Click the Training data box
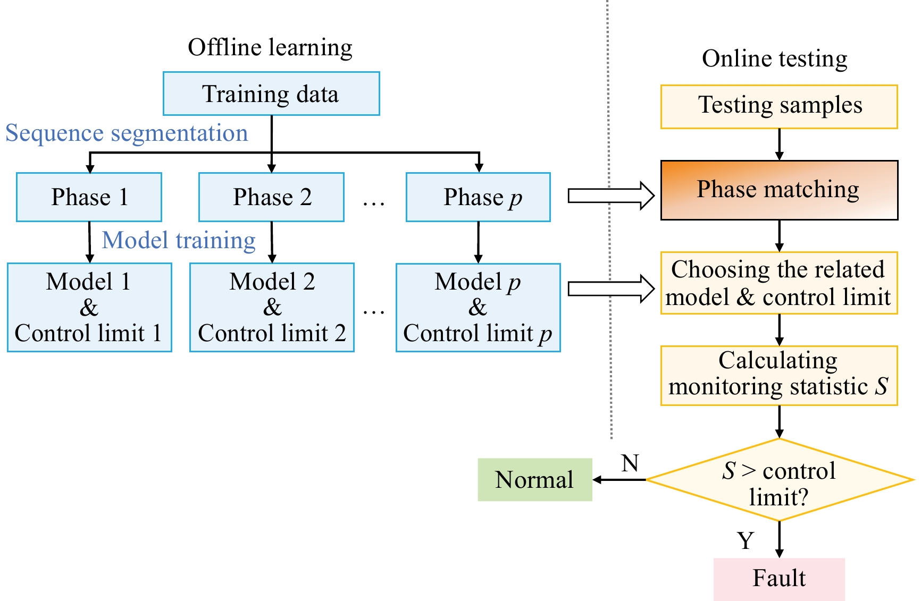[271, 94]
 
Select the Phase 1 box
[89, 197]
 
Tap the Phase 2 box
[271, 197]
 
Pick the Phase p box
[478, 197]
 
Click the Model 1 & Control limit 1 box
[89, 307]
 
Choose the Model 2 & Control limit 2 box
[272, 307]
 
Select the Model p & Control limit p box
[478, 307]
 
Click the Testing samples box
[779, 106]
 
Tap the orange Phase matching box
[779, 190]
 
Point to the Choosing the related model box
[779, 283]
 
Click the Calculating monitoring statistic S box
[779, 375]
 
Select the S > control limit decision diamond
[779, 480]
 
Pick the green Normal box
[535, 480]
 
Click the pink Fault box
[779, 579]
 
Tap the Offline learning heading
[270, 48]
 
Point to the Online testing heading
[775, 59]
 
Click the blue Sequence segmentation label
[127, 133]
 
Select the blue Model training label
[179, 240]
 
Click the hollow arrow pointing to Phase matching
[611, 196]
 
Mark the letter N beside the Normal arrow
[630, 463]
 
